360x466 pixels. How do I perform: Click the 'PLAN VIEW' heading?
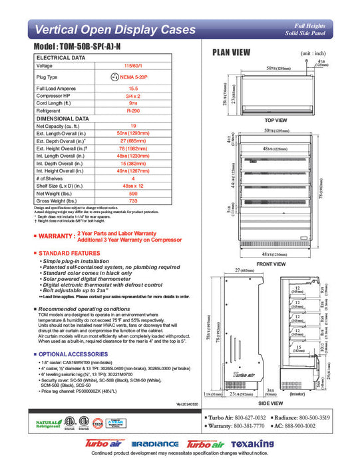232,53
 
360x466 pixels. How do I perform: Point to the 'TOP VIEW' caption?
275,120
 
